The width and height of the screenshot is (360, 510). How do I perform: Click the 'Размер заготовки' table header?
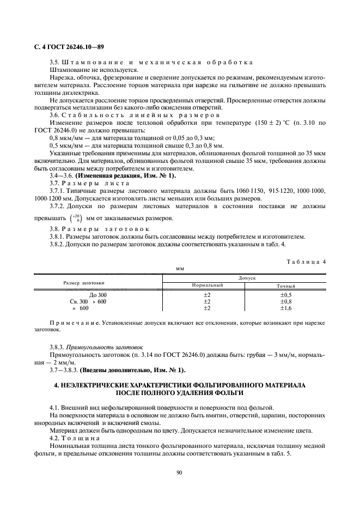tap(84, 282)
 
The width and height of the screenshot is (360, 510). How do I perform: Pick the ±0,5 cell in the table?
tap(286, 295)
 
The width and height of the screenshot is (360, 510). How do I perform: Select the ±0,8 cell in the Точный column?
tap(286, 301)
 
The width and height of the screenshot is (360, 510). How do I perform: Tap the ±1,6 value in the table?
tap(286, 308)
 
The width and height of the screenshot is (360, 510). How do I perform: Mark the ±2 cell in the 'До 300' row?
tap(207, 295)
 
